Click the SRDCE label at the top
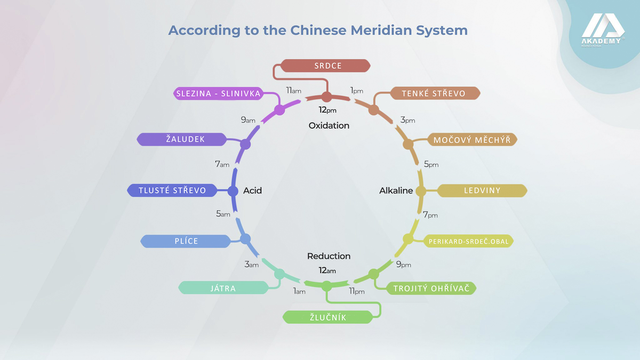(x=325, y=66)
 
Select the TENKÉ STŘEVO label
(x=435, y=93)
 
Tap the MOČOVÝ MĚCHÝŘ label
(x=473, y=140)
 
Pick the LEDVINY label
(x=482, y=190)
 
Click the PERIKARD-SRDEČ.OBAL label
(x=468, y=242)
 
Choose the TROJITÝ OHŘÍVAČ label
(x=431, y=289)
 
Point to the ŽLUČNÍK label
(x=328, y=317)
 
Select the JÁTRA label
(x=223, y=287)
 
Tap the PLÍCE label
(x=186, y=241)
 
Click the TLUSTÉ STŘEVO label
(x=172, y=190)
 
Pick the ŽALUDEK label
(x=182, y=139)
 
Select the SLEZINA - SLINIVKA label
(x=219, y=93)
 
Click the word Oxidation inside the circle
(x=329, y=126)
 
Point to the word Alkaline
(x=396, y=190)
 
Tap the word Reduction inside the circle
(x=329, y=256)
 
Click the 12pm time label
(x=327, y=110)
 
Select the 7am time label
(x=222, y=164)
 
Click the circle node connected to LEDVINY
(x=421, y=191)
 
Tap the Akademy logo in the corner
(x=603, y=30)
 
